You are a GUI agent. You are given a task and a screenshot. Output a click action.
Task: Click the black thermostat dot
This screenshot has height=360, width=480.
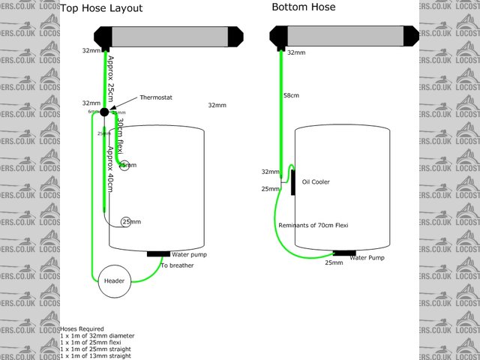tap(105, 112)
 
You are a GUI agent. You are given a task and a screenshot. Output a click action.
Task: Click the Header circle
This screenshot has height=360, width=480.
tap(113, 280)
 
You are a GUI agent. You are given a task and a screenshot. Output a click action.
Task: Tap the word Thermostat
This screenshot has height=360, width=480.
tap(155, 97)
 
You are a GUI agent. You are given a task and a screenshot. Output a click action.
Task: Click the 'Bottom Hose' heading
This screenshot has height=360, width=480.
tap(304, 7)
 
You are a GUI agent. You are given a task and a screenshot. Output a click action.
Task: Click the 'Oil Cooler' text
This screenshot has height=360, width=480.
tap(316, 181)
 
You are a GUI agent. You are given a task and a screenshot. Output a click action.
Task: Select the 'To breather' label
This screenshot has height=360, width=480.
tap(177, 265)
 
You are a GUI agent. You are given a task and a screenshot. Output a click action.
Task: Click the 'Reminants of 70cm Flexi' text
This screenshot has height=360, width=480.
tap(313, 225)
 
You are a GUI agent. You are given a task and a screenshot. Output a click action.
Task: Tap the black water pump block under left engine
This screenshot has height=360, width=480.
tap(158, 253)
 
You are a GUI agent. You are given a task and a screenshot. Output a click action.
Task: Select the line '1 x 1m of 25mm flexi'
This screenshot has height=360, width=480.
tap(94, 342)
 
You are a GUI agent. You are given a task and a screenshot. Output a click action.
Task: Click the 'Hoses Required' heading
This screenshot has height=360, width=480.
tap(82, 328)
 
